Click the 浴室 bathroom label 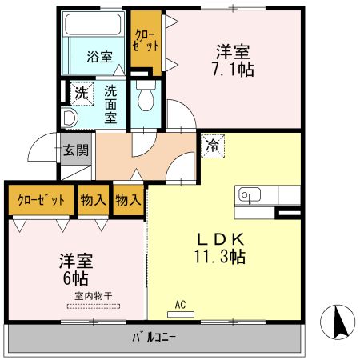[100, 58]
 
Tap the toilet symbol [144, 99]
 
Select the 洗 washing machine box [81, 93]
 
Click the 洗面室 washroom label [111, 104]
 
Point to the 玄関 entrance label [77, 150]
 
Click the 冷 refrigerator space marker [213, 146]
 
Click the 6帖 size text [75, 279]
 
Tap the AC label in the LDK [181, 304]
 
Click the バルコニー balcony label [154, 337]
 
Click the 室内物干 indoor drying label [94, 295]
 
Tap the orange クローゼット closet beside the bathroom [145, 40]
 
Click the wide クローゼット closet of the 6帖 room [40, 201]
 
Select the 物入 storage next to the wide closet [93, 201]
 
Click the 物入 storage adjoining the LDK [127, 199]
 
